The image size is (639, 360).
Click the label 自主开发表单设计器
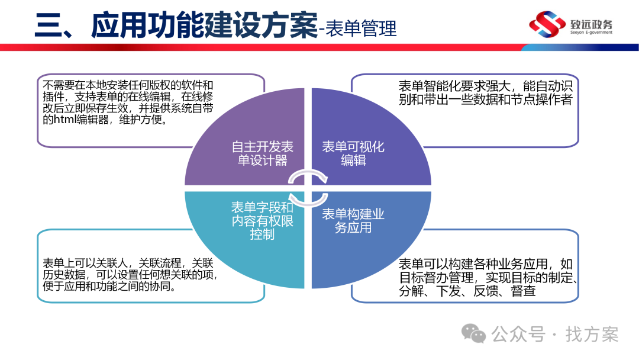262,153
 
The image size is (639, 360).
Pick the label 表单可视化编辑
353,153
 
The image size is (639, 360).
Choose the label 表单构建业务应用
353,220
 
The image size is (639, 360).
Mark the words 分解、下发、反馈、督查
467,291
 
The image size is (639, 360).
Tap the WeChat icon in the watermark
475,334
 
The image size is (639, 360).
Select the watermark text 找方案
591,335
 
